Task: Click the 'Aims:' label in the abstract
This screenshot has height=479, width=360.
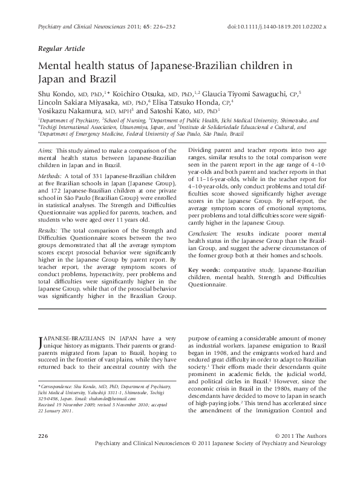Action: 47,149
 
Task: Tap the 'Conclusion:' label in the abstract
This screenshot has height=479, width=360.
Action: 205,233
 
